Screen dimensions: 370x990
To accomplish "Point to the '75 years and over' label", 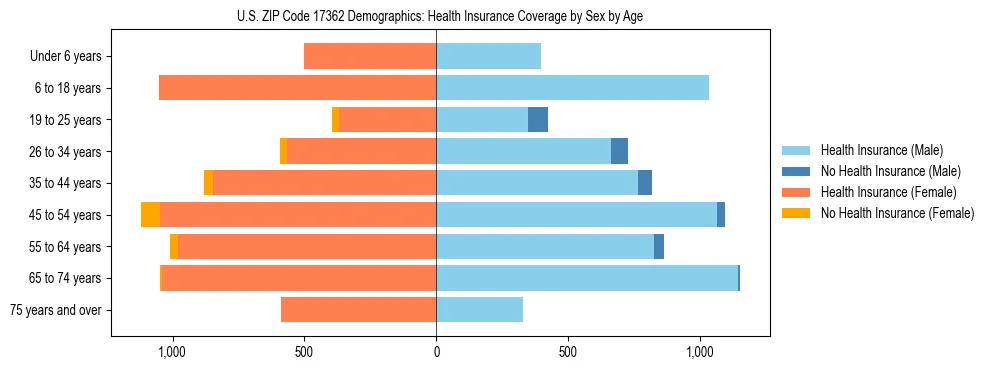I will pos(56,310).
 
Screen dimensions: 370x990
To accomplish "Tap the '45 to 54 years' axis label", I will pos(65,215).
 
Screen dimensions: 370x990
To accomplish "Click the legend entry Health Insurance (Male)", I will pos(881,150).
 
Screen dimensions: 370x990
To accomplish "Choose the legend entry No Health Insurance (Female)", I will pos(897,213).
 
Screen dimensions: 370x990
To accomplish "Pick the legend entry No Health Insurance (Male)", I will pos(890,171).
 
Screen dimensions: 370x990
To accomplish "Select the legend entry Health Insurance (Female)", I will pos(888,192).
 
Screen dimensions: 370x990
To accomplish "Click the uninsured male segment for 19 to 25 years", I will pos(538,120).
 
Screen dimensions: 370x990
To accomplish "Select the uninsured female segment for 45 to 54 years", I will pos(150,215).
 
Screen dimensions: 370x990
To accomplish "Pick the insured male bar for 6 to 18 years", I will pos(572,88).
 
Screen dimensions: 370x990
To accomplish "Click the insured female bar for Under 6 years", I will pos(370,56).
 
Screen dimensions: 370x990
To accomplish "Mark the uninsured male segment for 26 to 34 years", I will pos(619,151).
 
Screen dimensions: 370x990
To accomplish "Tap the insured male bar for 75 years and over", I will pos(479,310).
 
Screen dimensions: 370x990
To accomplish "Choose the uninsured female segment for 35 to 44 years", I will pos(208,183).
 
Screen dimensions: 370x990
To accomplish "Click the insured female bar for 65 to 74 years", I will pos(299,278).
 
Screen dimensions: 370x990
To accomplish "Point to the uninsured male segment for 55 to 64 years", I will pos(659,246).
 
